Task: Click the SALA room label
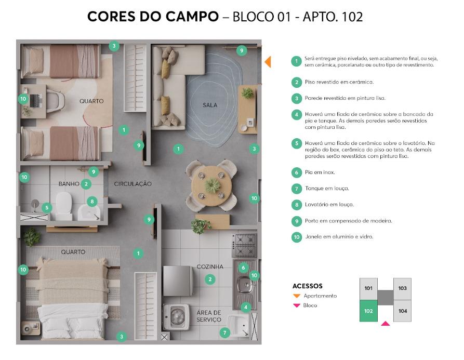(210, 105)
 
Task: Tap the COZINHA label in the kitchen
(210, 266)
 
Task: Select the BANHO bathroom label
(69, 184)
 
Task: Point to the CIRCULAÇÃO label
(133, 184)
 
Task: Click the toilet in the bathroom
(64, 205)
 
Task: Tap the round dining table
(211, 186)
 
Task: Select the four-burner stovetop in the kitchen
(244, 245)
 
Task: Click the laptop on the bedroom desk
(35, 101)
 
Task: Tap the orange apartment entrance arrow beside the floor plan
(268, 62)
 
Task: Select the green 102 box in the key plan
(368, 311)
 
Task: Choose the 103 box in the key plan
(402, 288)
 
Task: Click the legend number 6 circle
(297, 172)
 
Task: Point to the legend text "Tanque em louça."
(327, 189)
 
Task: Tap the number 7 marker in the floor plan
(224, 333)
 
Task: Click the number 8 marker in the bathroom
(92, 202)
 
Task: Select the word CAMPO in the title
(192, 17)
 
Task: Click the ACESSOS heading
(308, 286)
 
